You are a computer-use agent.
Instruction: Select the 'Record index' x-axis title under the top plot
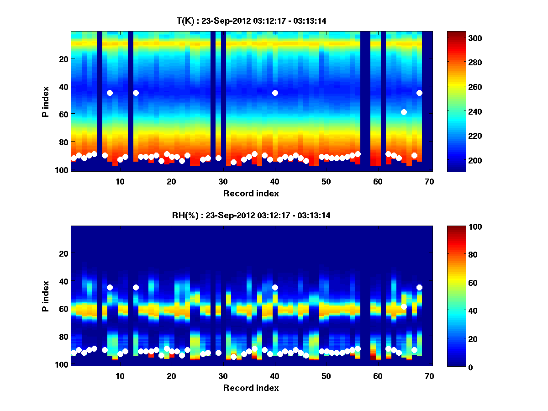251,193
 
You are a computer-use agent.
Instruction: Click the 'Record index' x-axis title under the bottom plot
251,388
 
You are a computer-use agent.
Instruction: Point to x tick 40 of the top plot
274,181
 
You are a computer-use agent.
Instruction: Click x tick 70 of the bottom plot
429,376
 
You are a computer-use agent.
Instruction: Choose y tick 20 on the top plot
63,58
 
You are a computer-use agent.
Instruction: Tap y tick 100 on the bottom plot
62,364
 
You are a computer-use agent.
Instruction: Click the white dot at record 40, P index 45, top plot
275,93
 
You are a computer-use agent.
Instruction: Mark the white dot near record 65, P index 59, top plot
404,112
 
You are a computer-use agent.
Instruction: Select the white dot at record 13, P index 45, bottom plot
136,287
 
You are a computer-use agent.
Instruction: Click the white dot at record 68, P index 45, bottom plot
419,287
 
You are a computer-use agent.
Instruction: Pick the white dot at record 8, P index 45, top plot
110,93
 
